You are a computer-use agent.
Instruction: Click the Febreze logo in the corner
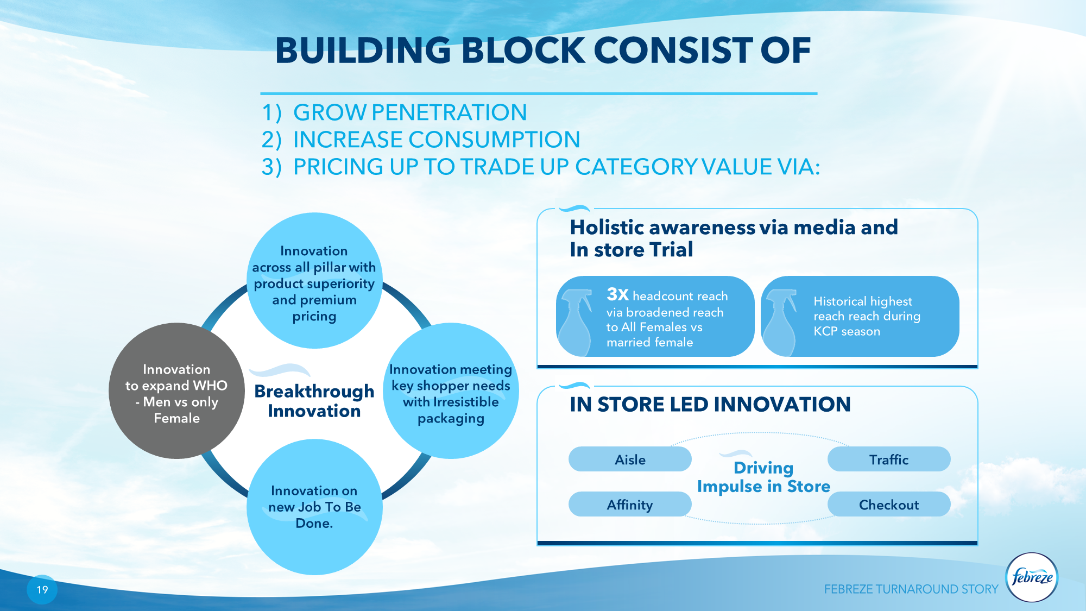(x=1032, y=577)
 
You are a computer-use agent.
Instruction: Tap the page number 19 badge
(x=42, y=590)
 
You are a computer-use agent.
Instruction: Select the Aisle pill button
(x=630, y=459)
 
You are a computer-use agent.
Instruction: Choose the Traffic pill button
(x=889, y=459)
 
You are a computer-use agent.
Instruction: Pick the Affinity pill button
(x=630, y=505)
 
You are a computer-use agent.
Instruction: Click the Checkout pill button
(x=889, y=505)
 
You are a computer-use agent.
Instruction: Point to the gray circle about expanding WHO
(x=176, y=391)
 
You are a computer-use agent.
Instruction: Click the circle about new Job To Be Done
(x=314, y=507)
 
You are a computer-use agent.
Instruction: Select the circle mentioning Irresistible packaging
(x=451, y=391)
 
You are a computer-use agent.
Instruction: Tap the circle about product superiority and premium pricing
(x=314, y=280)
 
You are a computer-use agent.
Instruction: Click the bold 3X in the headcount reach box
(x=617, y=294)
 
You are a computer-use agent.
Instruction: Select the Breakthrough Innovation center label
(x=314, y=401)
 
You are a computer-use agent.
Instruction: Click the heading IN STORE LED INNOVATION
(x=710, y=405)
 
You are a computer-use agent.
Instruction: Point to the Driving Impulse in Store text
(x=764, y=477)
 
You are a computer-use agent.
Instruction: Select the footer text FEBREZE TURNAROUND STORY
(x=911, y=589)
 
